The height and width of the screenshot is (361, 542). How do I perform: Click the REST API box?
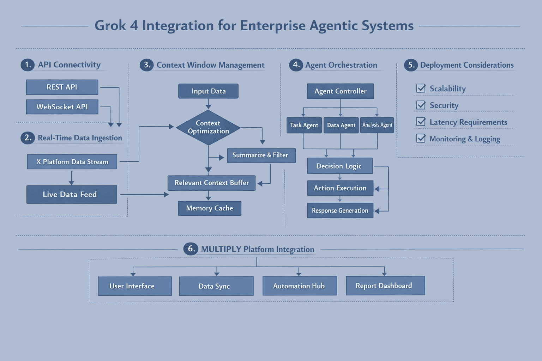coord(62,87)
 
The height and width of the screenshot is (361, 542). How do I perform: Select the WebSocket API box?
coord(62,107)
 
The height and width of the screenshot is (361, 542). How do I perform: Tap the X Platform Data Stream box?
coord(72,162)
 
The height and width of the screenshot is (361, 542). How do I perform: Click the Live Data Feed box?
coord(72,195)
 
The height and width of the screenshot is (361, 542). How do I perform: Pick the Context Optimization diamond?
coord(208,127)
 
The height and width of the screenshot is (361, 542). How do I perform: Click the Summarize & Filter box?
coord(261,155)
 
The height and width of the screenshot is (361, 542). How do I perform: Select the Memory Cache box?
coord(210,208)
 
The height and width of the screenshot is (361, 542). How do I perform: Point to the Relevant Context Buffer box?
coord(211,183)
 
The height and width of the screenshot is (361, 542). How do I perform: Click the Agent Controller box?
coord(340,91)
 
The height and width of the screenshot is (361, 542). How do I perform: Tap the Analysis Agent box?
coord(377,125)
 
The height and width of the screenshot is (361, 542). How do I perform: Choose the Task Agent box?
coord(304,125)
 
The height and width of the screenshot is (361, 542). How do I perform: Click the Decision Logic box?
coord(339,166)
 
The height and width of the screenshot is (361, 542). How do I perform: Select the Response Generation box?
coord(340,210)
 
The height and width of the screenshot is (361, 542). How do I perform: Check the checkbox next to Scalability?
coord(421,88)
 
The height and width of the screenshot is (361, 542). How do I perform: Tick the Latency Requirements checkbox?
coord(421,122)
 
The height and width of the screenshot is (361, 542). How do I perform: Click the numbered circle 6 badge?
coord(191,249)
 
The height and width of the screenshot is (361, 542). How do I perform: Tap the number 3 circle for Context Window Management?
coord(146,65)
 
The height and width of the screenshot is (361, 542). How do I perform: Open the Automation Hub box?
coord(300,286)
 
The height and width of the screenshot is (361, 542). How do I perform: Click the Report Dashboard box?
coord(385,286)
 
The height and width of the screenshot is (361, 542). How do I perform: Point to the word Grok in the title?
coord(110,26)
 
